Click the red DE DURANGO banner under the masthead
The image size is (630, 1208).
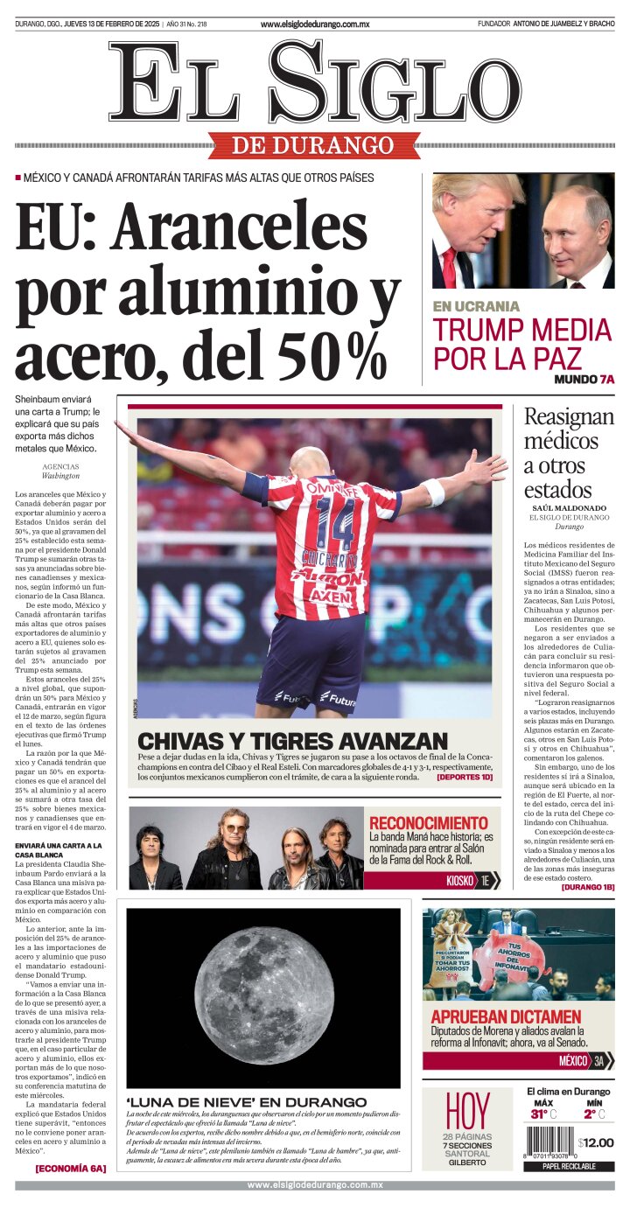tap(314, 144)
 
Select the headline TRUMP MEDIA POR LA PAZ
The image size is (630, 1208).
tap(522, 343)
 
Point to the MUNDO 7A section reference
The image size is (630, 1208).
tap(584, 380)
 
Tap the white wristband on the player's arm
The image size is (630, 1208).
tap(433, 492)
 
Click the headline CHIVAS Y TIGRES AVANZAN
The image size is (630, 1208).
tap(292, 740)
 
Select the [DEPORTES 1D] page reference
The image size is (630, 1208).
tap(465, 777)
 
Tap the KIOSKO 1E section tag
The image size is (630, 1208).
tap(472, 880)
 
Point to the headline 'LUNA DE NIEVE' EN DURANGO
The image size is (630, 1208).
tap(247, 1101)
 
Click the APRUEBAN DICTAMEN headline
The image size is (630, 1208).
tap(506, 1017)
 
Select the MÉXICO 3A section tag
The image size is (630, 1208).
tap(581, 1061)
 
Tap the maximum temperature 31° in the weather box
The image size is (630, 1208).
tap(539, 1114)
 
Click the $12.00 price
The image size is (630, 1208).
tap(597, 1142)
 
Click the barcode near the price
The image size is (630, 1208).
tap(549, 1143)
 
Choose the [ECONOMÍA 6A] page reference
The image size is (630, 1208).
tap(70, 1168)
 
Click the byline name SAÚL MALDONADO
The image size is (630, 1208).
tap(568, 508)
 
